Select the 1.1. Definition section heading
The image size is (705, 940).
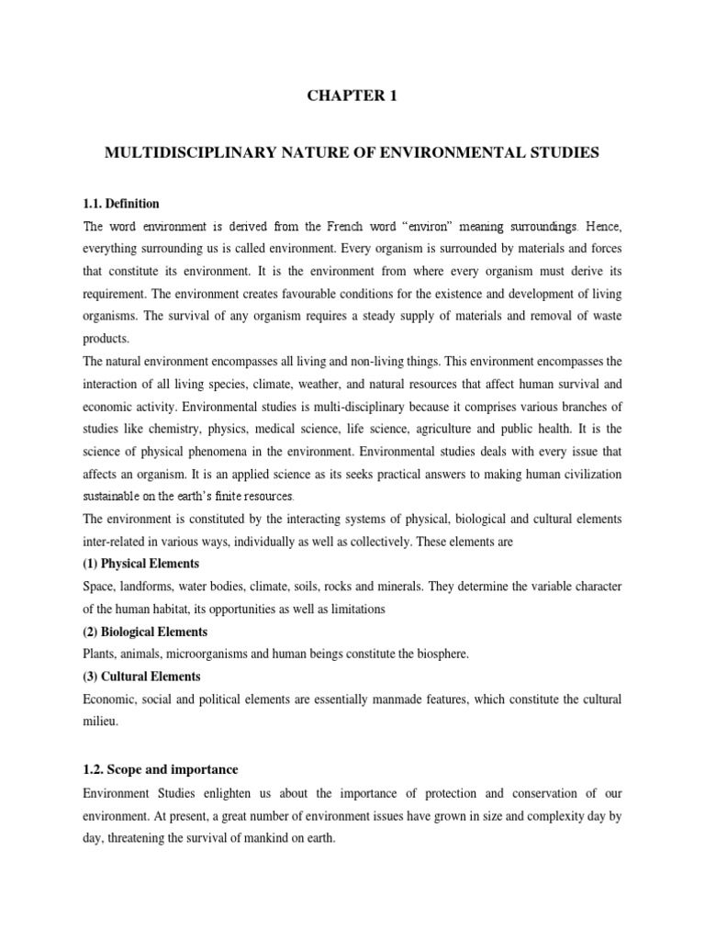[121, 203]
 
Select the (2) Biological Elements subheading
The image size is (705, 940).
[146, 632]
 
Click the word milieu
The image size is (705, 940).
[100, 721]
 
